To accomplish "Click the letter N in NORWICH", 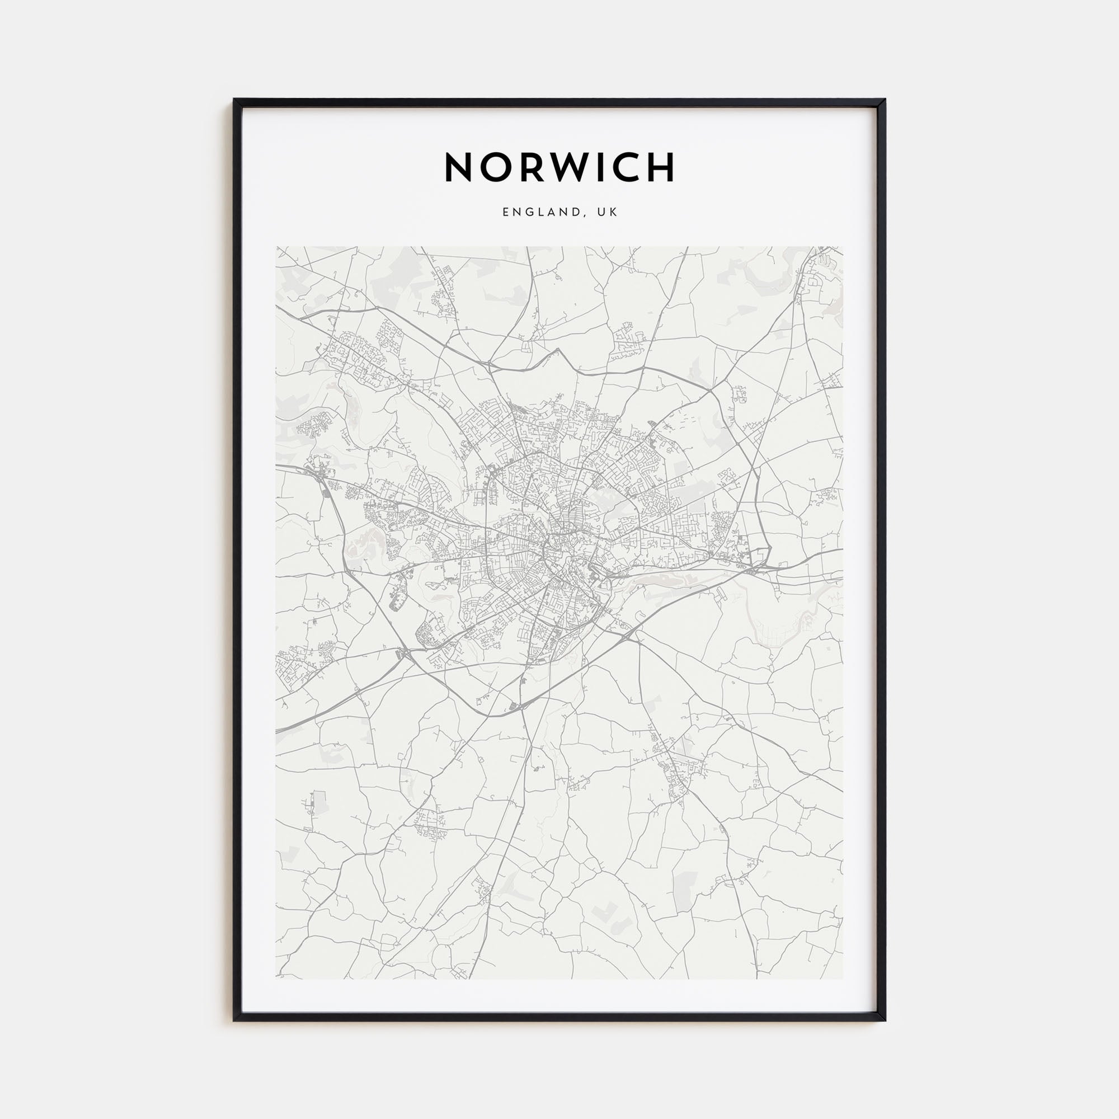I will point(459,167).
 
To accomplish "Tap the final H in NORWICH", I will point(661,167).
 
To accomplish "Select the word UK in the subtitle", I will point(608,212).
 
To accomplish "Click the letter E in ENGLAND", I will point(506,212).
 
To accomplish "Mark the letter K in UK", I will point(614,212).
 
